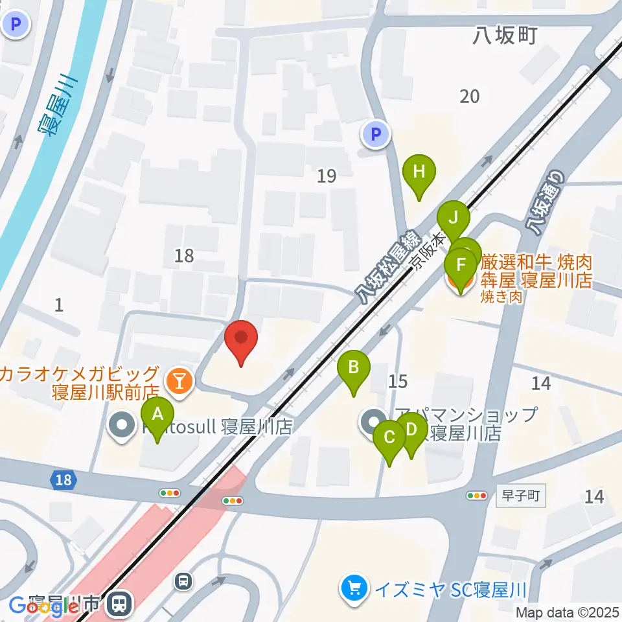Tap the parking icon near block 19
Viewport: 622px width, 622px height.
click(375, 135)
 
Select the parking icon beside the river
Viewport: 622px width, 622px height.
click(16, 25)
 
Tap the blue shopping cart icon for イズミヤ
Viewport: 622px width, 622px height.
click(353, 590)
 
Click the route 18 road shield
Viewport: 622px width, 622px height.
click(63, 480)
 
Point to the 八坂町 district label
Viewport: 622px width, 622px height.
click(504, 36)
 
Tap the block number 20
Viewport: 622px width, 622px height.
click(470, 97)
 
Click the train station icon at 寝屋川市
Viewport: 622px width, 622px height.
click(119, 605)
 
